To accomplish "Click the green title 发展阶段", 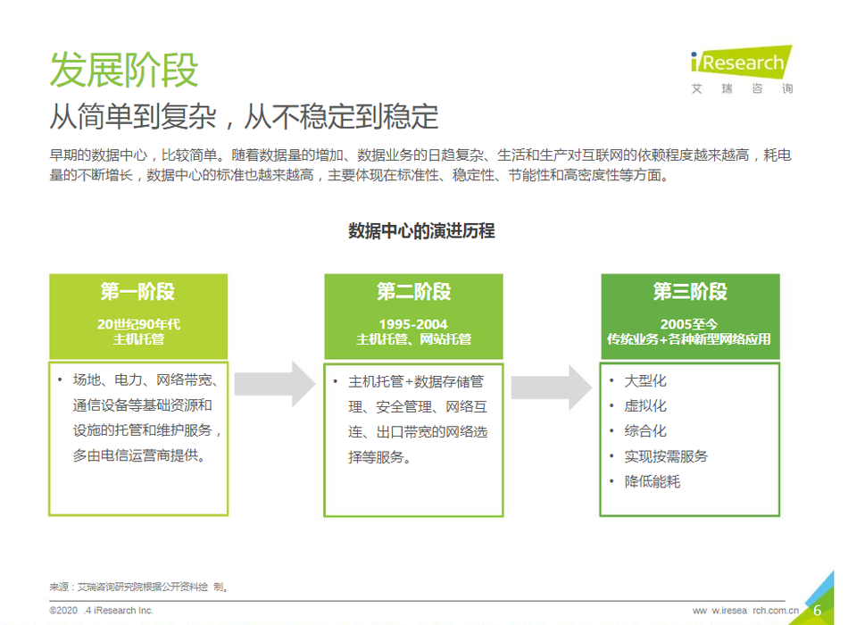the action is point(124,70).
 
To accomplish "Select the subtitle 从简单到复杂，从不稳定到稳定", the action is point(244,116).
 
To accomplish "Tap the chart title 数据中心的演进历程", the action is point(421,231).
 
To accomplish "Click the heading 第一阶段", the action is point(137,291).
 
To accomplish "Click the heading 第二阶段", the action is point(413,291).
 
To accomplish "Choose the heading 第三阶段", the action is point(690,291).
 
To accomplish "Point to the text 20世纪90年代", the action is point(138,324).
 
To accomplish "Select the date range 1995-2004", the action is point(413,324).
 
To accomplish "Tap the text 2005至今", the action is point(689,324).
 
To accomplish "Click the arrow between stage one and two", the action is point(275,384).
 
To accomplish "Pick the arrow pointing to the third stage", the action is point(551,387).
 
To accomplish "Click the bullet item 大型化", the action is point(645,381).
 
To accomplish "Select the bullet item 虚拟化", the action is point(645,406).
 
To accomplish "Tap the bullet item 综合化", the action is point(645,431).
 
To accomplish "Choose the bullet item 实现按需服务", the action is point(666,456).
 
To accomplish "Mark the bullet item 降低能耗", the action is point(653,481).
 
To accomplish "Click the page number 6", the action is point(817,611).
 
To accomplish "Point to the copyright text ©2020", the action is point(63,611).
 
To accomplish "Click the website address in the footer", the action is point(745,611).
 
